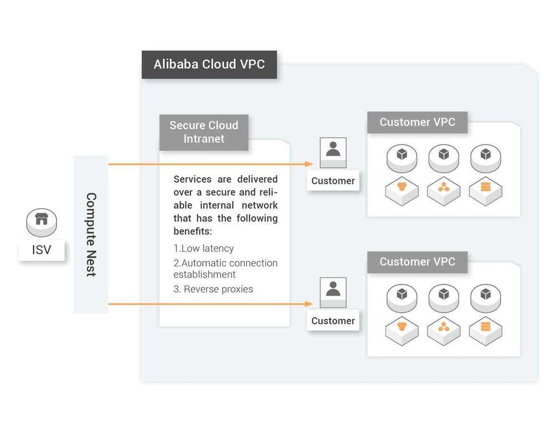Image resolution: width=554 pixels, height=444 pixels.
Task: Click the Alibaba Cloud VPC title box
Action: [209, 64]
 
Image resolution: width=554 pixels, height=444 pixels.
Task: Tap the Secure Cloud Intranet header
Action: [204, 132]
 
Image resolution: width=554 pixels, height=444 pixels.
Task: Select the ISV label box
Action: [42, 250]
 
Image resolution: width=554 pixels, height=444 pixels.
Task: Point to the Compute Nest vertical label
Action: [91, 235]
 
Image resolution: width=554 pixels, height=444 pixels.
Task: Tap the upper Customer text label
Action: [333, 180]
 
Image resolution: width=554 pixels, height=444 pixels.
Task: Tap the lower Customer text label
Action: [333, 321]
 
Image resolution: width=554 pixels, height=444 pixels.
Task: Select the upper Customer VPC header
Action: [417, 122]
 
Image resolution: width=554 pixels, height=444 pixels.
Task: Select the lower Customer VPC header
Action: [417, 262]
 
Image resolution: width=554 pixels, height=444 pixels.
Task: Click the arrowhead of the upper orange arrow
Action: [310, 164]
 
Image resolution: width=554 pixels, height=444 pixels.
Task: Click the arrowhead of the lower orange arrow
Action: [310, 304]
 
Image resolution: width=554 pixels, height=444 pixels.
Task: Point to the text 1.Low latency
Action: [204, 249]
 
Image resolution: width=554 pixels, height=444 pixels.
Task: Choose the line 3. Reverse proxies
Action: [213, 289]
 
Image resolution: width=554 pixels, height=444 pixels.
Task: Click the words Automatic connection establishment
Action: [225, 269]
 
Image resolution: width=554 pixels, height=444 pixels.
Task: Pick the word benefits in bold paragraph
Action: [192, 231]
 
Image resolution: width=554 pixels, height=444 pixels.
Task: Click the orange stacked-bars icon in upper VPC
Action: [486, 188]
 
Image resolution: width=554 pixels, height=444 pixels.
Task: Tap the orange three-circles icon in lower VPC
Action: [402, 327]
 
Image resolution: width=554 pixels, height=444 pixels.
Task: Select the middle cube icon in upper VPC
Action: [444, 156]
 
